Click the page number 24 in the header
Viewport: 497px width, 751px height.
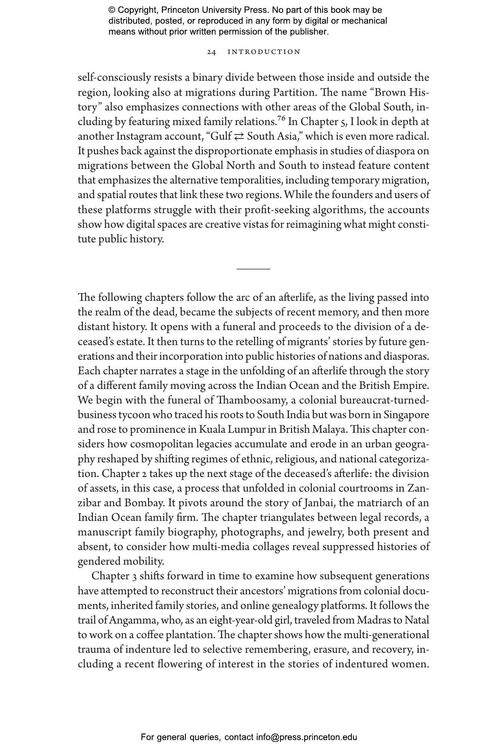click(212, 52)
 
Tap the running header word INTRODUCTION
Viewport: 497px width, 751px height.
click(264, 52)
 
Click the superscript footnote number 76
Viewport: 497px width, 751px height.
click(281, 119)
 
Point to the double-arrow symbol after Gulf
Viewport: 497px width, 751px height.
click(239, 136)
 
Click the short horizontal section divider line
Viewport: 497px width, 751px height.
click(253, 269)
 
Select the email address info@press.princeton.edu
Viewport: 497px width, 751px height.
click(306, 737)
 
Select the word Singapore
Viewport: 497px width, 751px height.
click(406, 415)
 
